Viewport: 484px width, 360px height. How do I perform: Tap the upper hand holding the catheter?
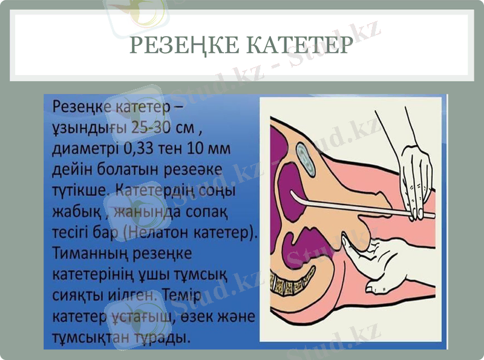pyautogui.click(x=414, y=175)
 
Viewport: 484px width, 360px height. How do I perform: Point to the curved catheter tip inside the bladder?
pyautogui.click(x=293, y=197)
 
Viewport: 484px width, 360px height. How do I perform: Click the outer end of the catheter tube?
pyautogui.click(x=432, y=215)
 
